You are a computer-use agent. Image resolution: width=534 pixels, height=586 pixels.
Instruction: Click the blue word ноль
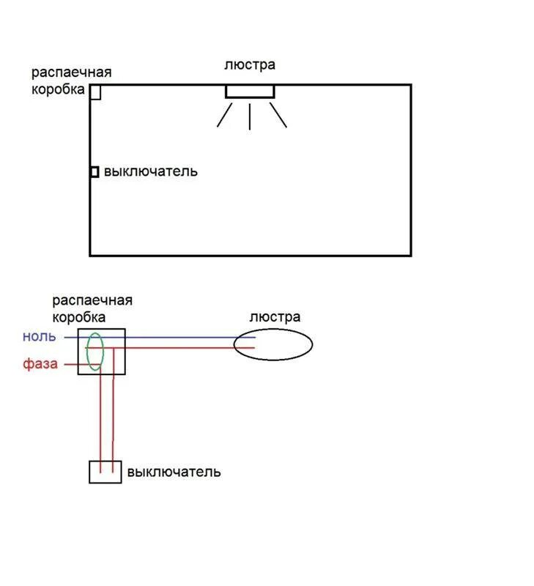coord(40,336)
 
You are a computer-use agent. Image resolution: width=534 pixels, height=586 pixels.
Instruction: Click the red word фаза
coord(40,363)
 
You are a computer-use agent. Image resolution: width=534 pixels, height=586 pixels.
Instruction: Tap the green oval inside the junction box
coord(95,351)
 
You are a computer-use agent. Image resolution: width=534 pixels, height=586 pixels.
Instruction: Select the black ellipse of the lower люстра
coord(273,344)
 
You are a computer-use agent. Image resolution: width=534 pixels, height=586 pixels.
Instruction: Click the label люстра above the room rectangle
coord(250,64)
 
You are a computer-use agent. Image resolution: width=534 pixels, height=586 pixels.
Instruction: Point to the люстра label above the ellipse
coord(275,317)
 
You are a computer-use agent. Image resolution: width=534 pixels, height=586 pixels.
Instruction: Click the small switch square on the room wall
coord(94,171)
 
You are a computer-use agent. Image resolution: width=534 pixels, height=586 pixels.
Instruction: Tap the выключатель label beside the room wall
coord(150,171)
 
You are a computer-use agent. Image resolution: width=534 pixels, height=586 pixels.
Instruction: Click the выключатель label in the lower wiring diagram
coord(174,472)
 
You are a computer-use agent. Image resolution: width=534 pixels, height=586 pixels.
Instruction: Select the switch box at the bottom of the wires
coord(105,472)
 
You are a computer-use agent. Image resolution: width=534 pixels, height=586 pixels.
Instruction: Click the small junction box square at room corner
coord(95,92)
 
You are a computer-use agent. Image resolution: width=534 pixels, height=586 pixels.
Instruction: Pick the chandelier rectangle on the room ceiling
coord(250,92)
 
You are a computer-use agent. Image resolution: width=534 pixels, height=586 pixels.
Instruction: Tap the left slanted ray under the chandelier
coord(224,115)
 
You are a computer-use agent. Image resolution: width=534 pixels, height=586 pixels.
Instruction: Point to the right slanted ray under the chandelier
coord(278,114)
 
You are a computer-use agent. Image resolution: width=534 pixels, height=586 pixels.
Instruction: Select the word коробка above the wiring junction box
coord(78,317)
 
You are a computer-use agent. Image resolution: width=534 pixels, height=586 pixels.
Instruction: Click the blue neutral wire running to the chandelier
coord(183,338)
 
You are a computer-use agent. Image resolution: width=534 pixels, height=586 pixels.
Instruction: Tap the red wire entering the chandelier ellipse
coord(183,348)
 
